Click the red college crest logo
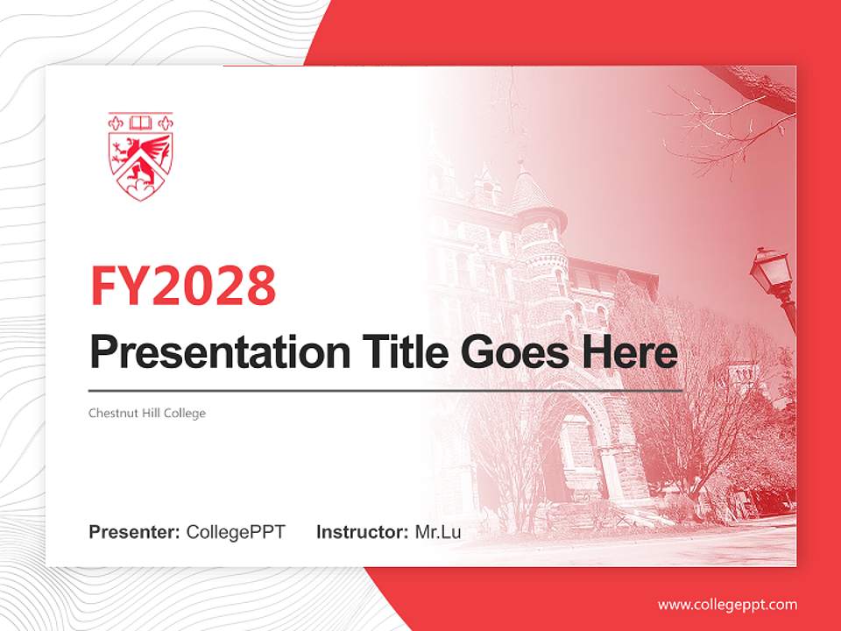140,155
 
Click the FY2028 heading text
183,286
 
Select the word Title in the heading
399,352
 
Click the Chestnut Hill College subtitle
146,412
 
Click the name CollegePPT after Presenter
236,532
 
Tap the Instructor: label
362,532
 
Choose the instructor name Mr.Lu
438,532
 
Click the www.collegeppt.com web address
727,605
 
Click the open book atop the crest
140,122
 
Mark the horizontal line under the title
385,390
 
